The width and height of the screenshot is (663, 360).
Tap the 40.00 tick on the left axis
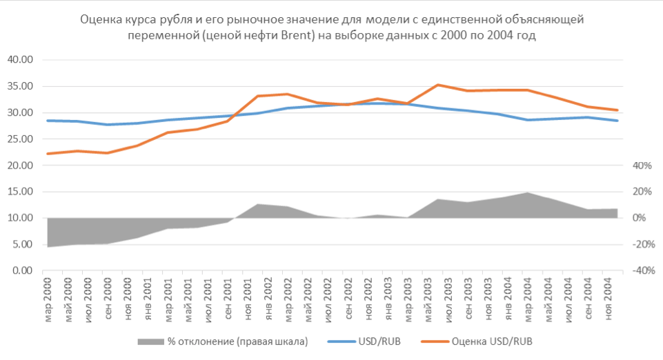20,60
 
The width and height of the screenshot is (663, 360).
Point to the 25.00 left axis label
20,139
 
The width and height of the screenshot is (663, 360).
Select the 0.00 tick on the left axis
22,271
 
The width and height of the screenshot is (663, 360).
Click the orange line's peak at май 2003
437,85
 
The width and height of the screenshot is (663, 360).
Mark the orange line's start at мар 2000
48,153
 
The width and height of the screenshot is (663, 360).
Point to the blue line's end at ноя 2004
617,121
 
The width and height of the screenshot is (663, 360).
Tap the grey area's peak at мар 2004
528,193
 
